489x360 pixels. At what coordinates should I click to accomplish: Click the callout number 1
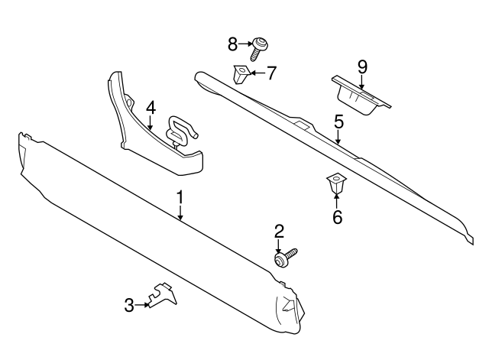(x=180, y=198)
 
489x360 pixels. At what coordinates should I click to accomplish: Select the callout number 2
(x=280, y=230)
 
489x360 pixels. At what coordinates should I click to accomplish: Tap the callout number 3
(x=129, y=306)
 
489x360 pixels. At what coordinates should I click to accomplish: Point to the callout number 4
(x=151, y=108)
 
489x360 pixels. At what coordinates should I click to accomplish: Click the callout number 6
(x=337, y=217)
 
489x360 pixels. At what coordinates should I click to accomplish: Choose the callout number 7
(x=271, y=73)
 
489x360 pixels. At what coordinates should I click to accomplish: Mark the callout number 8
(x=233, y=44)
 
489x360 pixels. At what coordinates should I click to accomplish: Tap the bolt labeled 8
(x=261, y=47)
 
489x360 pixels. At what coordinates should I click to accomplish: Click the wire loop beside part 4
(x=180, y=128)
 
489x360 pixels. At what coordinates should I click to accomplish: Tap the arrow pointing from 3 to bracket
(x=143, y=306)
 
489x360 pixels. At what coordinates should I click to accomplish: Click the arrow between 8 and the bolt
(x=247, y=44)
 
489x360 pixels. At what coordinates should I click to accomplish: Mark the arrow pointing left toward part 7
(x=257, y=73)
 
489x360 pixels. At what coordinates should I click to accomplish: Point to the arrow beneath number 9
(x=362, y=82)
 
